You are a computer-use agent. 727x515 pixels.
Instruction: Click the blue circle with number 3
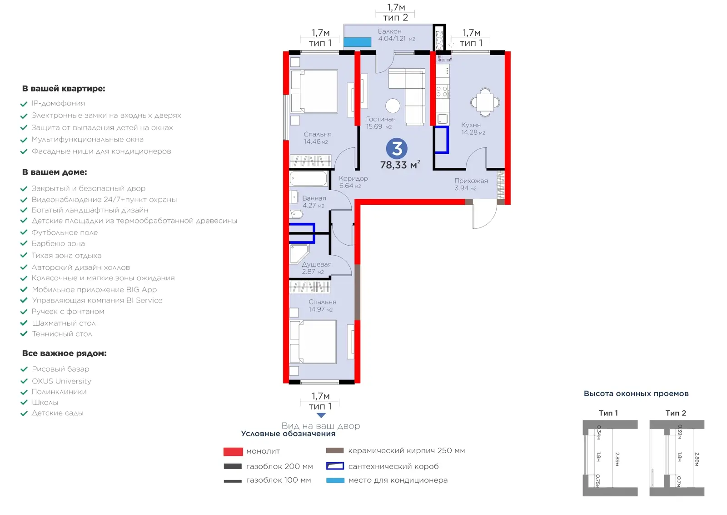397,148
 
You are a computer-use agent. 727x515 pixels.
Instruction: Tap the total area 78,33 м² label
400,165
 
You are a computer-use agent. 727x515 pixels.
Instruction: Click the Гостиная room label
381,119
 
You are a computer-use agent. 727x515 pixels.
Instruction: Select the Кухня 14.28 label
473,129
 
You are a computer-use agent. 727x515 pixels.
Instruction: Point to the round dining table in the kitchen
485,102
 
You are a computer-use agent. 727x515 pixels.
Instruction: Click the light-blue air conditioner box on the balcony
357,42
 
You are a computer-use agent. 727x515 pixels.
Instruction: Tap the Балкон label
389,31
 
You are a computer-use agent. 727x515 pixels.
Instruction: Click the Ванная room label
314,198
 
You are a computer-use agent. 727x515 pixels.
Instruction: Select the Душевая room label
316,264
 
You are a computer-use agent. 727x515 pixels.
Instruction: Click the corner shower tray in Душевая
298,253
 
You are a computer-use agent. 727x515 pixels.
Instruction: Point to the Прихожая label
471,181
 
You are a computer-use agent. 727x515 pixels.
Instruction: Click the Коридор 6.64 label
353,182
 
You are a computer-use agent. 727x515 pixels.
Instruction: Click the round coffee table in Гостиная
393,106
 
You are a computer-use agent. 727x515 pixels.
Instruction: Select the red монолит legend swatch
233,452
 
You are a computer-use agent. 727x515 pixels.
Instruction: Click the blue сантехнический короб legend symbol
335,466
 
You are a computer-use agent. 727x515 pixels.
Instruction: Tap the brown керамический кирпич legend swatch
334,451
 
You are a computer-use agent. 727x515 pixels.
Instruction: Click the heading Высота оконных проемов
636,394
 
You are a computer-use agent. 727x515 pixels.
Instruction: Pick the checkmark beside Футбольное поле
24,232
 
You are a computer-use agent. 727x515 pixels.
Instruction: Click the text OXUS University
61,381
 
